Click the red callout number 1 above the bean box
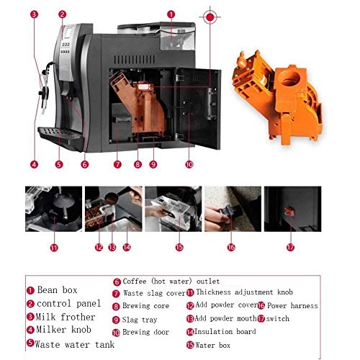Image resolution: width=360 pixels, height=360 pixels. pyautogui.click(x=171, y=14)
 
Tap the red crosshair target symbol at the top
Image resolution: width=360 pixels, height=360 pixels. pyautogui.click(x=210, y=17)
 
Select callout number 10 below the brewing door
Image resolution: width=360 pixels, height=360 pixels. pyautogui.click(x=189, y=164)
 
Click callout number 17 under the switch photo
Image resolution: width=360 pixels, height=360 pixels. pyautogui.click(x=290, y=247)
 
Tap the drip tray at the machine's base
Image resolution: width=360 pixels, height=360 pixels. pyautogui.click(x=61, y=137)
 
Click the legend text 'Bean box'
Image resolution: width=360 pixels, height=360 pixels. pyautogui.click(x=57, y=290)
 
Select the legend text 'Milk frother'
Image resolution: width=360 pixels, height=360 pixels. pyautogui.click(x=66, y=317)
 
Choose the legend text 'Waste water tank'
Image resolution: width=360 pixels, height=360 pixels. pyautogui.click(x=75, y=344)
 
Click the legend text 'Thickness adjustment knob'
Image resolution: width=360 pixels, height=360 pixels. pyautogui.click(x=244, y=292)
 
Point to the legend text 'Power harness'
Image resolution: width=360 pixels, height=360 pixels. pyautogui.click(x=292, y=305)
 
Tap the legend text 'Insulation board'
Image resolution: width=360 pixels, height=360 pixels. pyautogui.click(x=225, y=331)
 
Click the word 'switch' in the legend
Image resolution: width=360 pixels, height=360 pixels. pyautogui.click(x=277, y=319)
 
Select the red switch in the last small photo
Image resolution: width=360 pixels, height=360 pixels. pyautogui.click(x=289, y=212)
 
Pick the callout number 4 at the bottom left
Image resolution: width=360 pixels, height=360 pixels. pyautogui.click(x=34, y=164)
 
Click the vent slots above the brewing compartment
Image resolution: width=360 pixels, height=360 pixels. pyautogui.click(x=135, y=59)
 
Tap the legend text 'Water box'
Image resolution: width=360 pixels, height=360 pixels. pyautogui.click(x=212, y=345)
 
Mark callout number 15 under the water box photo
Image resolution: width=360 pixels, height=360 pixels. pyautogui.click(x=179, y=247)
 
